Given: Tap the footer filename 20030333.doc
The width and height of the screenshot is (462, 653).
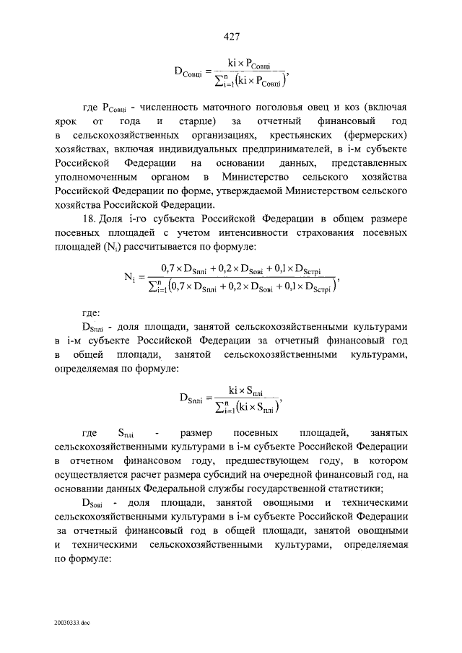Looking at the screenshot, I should point(71,621).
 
